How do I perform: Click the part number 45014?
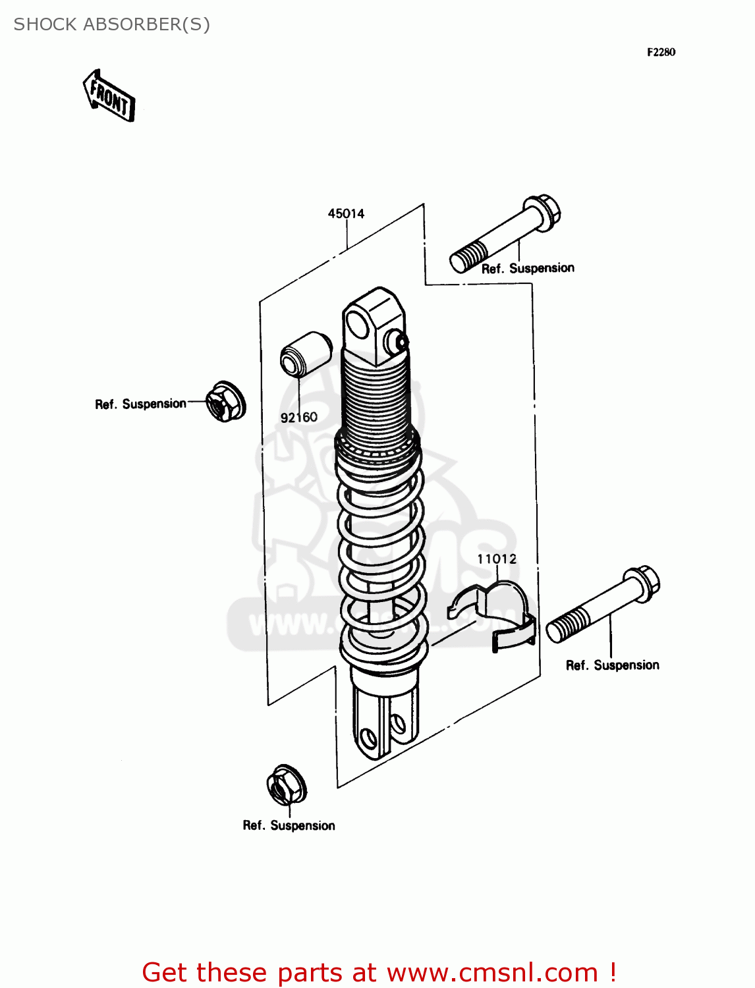coord(346,213)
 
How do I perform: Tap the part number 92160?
coord(298,417)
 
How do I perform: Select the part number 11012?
coord(497,559)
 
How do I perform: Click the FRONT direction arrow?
coord(109,96)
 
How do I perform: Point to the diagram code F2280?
coord(661,52)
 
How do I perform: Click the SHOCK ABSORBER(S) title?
coord(112,24)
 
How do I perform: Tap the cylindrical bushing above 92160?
coord(305,354)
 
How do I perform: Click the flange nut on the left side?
coord(225,401)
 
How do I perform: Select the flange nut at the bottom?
coord(286,784)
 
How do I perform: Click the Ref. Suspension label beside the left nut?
coord(140,404)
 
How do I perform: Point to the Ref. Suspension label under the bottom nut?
coord(289,825)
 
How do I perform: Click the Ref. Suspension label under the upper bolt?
coord(528,268)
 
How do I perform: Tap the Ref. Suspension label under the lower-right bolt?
coord(612,665)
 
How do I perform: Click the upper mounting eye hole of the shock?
coord(357,325)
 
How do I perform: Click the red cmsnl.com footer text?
coord(379,972)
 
